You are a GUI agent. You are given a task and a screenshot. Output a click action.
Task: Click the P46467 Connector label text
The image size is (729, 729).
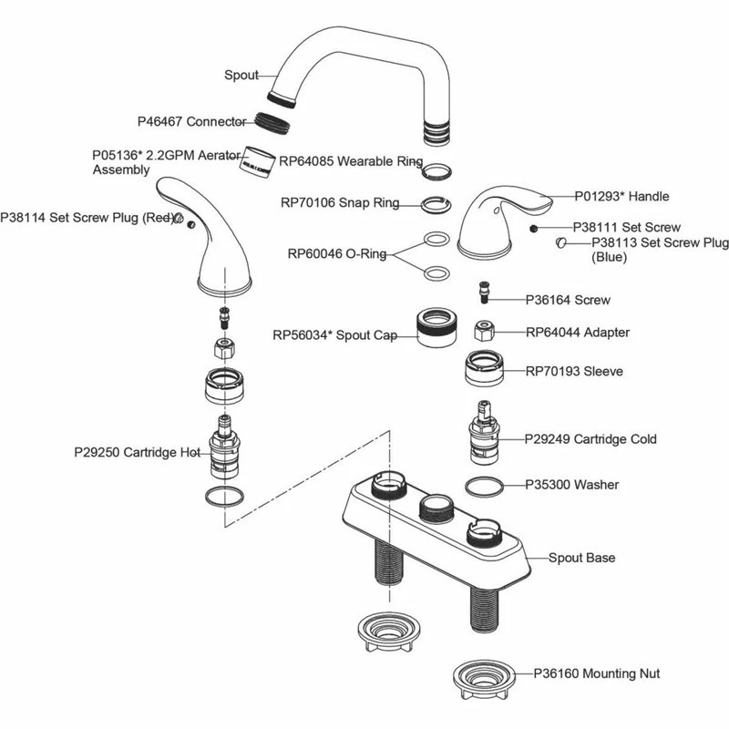191,121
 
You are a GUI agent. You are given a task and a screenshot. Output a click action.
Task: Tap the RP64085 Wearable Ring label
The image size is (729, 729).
351,161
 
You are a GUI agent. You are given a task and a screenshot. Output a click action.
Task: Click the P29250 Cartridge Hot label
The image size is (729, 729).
137,451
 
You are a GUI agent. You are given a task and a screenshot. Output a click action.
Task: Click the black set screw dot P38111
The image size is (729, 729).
533,227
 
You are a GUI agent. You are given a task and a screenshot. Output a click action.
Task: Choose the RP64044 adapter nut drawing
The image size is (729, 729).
486,330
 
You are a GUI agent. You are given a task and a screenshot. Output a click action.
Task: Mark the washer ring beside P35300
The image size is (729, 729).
484,487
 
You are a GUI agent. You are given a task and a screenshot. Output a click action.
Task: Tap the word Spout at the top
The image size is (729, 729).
241,76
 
